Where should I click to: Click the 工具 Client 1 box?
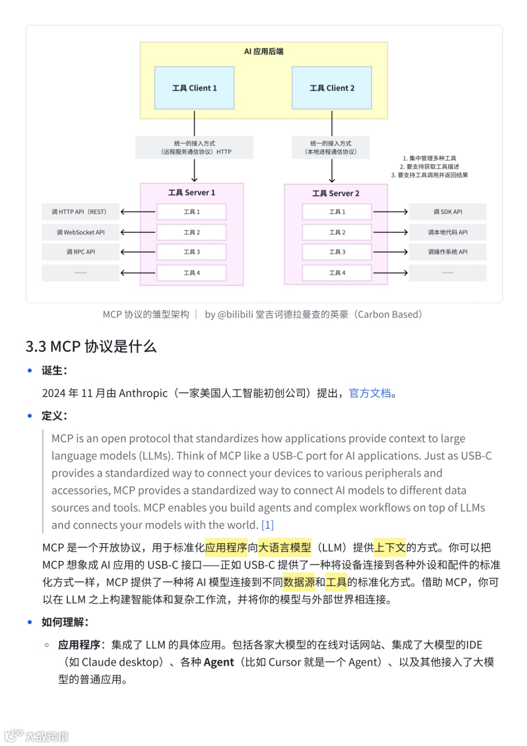[x=194, y=88]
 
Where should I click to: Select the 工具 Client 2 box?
[x=332, y=88]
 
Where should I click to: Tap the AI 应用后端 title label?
[x=263, y=51]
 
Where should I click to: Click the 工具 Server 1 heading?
[x=192, y=192]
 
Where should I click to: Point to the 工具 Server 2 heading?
[x=336, y=193]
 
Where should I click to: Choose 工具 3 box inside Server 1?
[x=191, y=252]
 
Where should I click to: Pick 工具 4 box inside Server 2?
[x=337, y=273]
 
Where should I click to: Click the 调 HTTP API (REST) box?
[x=81, y=212]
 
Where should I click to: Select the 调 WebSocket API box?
[x=81, y=233]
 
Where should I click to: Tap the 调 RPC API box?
[x=81, y=252]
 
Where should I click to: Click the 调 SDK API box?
[x=447, y=212]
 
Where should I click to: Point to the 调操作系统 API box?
[x=447, y=252]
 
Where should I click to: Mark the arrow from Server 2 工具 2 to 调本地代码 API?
[x=390, y=233]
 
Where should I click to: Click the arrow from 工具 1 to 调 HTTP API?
[x=138, y=212]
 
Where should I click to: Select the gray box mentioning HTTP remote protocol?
[x=194, y=148]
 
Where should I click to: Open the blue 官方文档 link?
[x=370, y=393]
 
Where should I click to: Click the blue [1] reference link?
[x=267, y=525]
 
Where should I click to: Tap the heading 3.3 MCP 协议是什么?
[x=91, y=346]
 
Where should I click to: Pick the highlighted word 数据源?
[x=299, y=582]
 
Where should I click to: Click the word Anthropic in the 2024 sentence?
[x=143, y=393]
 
